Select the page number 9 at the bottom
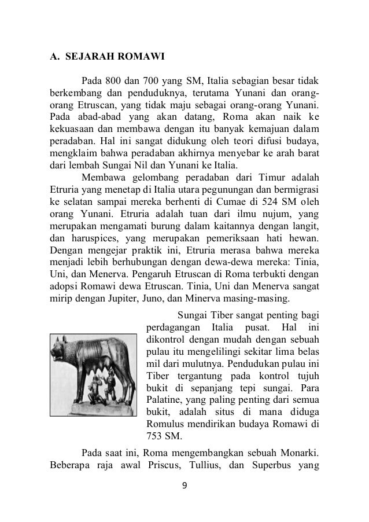184,500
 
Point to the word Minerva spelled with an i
243,299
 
